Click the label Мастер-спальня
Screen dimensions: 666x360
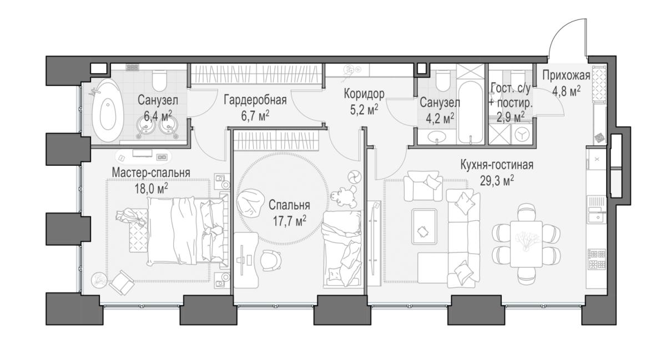pos(151,173)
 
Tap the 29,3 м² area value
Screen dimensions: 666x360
pos(497,180)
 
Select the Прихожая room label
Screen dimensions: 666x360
pos(566,76)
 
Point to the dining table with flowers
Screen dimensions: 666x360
pos(526,244)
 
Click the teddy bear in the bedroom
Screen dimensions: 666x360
pos(344,196)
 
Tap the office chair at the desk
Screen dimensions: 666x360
pos(271,260)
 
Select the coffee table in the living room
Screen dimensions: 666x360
pos(424,226)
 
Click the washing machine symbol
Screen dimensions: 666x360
pos(522,134)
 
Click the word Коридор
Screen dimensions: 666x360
pos(364,94)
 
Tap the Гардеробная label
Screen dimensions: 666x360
pos(255,100)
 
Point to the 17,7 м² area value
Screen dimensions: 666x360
pos(290,221)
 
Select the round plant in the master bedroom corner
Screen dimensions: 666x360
pos(99,280)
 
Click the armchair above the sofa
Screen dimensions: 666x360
pos(423,185)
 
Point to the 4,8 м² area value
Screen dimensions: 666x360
pos(566,91)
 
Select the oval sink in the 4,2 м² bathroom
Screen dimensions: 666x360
pos(437,137)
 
